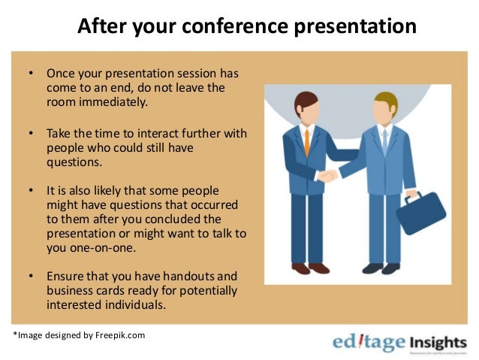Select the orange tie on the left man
pyautogui.click(x=306, y=142)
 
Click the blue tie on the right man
pyautogui.click(x=384, y=141)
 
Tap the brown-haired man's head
pyautogui.click(x=306, y=106)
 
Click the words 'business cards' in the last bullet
pyautogui.click(x=83, y=290)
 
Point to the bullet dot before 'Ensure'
pyautogui.click(x=31, y=277)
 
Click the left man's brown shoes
pyautogui.click(x=310, y=268)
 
